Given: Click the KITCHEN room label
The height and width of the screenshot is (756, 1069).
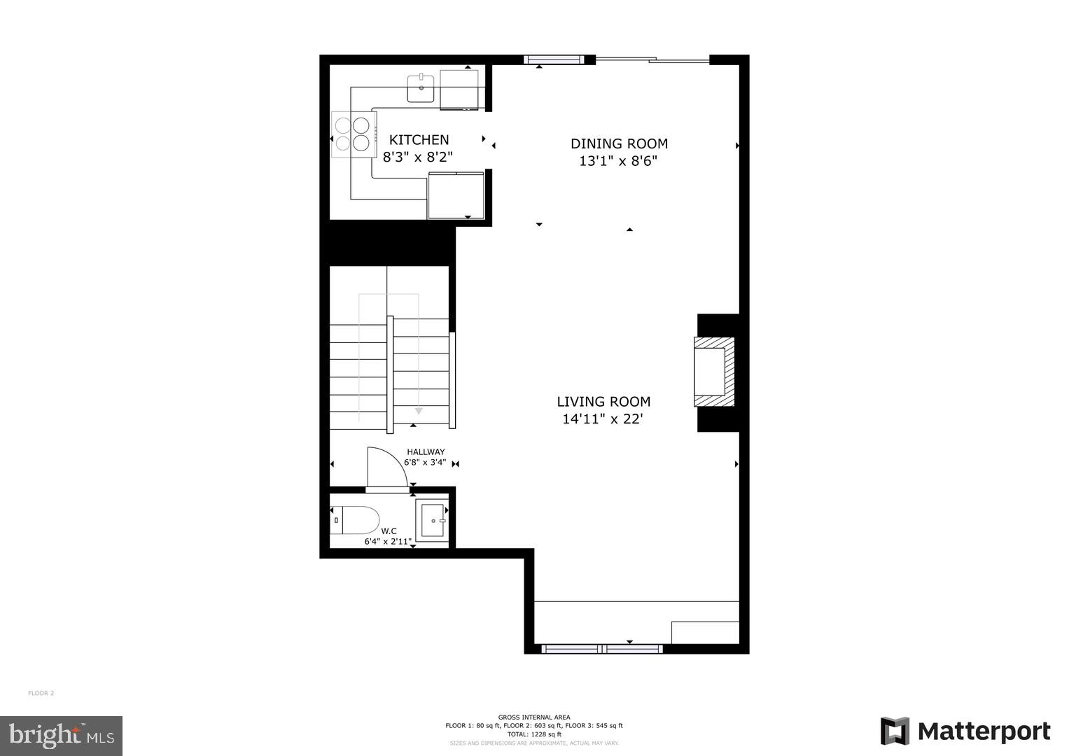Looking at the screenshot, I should [x=419, y=140].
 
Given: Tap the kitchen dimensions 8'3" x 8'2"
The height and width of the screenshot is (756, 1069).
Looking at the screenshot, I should [x=418, y=157].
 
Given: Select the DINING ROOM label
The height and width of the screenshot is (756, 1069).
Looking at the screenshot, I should [x=619, y=143].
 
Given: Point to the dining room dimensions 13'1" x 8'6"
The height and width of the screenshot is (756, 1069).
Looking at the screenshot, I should [x=618, y=161].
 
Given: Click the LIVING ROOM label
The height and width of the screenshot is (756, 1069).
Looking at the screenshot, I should [x=603, y=402].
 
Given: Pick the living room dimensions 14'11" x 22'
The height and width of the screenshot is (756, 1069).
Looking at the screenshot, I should [x=603, y=419].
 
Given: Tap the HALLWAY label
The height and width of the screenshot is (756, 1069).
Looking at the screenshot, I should [x=426, y=452].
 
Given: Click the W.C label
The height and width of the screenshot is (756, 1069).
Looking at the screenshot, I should [x=389, y=531].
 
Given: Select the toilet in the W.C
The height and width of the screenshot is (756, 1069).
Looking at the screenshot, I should [x=355, y=520].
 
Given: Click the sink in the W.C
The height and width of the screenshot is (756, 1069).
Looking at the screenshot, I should [x=432, y=521].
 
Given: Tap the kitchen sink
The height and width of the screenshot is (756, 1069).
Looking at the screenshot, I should [x=421, y=88].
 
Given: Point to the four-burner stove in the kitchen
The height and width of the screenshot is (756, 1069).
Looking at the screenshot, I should [x=351, y=134].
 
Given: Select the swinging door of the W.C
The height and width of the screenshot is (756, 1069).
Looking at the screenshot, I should [x=386, y=468].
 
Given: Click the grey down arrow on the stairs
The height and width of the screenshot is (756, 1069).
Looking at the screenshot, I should [x=419, y=411].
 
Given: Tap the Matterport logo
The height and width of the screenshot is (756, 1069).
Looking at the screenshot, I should [x=965, y=731].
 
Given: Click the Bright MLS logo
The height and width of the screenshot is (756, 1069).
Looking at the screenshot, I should [x=61, y=736].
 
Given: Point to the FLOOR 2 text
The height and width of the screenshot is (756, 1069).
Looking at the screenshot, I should [x=41, y=694].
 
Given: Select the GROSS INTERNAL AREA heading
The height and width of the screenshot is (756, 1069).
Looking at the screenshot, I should [x=534, y=717].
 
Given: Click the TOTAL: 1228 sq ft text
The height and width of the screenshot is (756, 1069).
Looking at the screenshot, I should [x=534, y=734].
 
